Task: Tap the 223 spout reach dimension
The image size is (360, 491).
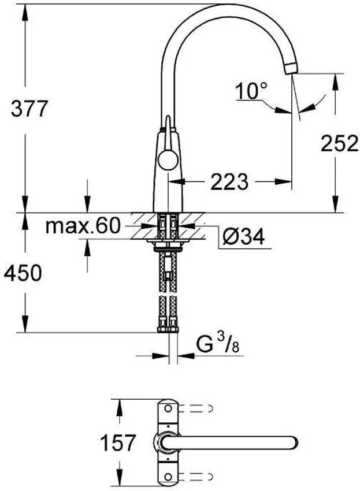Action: [229, 183]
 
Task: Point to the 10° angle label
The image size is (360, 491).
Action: [252, 90]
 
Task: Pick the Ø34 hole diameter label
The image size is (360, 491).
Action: [243, 236]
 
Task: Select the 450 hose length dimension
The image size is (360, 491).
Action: [24, 272]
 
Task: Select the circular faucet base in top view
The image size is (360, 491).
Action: [166, 442]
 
